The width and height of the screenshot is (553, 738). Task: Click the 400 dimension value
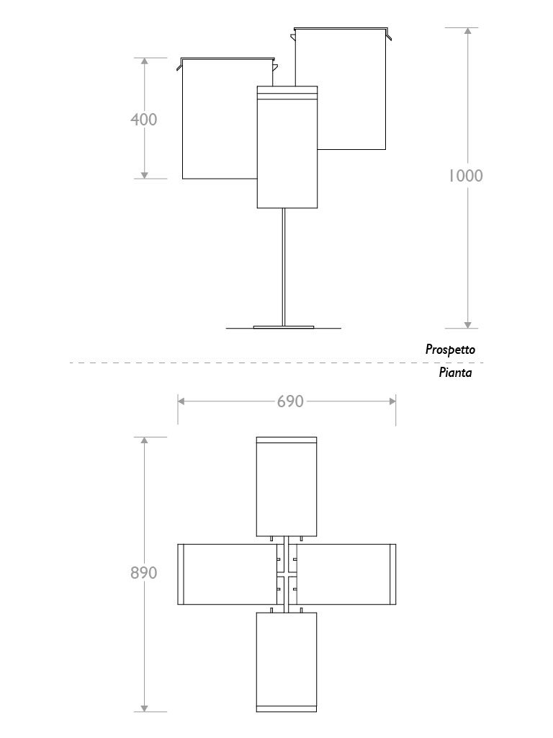pos(143,119)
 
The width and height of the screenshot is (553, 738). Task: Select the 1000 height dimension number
pos(466,176)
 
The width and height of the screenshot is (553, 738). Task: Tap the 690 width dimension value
pos(290,401)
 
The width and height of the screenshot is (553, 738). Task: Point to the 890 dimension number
pos(144,573)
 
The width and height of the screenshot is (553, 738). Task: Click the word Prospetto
pos(450,350)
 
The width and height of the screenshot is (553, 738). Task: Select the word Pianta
pos(455,373)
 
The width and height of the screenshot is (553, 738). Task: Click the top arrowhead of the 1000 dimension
pos(467,32)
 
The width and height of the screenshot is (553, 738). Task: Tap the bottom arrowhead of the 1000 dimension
pos(467,324)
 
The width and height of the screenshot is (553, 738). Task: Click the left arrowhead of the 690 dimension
pos(182,401)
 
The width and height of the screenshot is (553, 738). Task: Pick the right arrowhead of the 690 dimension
pos(391,401)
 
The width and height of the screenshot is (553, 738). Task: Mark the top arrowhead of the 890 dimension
pos(144,441)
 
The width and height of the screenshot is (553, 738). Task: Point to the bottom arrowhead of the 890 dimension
pos(144,708)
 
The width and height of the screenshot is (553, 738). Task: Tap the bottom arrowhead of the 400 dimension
pos(144,174)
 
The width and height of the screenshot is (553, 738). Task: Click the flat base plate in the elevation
pos(284,326)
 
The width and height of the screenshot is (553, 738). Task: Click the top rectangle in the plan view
pos(287,486)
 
